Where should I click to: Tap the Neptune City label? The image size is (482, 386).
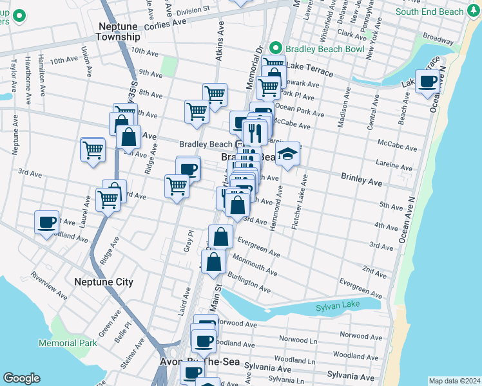[x=104, y=282]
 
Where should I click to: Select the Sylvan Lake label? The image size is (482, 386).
[x=336, y=308]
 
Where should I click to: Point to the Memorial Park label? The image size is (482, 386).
[x=68, y=343]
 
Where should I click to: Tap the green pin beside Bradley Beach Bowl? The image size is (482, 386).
[x=276, y=48]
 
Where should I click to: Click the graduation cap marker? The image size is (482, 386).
[x=288, y=154]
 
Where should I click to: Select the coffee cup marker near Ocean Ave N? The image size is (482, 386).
[x=428, y=81]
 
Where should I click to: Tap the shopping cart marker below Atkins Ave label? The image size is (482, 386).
[x=215, y=95]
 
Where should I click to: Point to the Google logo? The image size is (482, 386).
[x=21, y=378]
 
